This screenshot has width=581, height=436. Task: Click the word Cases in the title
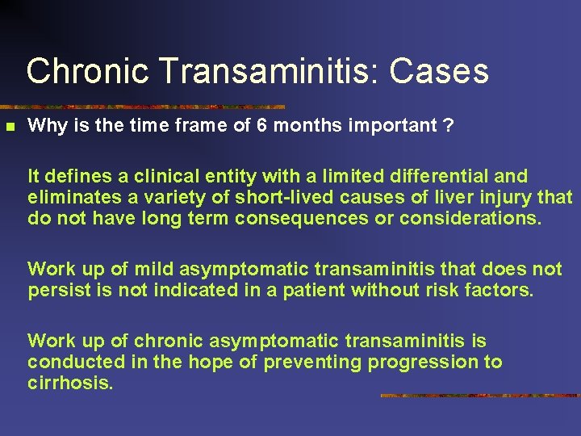(x=439, y=71)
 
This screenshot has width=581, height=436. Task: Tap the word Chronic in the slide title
(x=87, y=71)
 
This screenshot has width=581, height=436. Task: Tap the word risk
(x=458, y=290)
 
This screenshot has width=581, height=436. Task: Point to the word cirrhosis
(x=70, y=384)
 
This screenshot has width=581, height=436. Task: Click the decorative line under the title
(x=145, y=107)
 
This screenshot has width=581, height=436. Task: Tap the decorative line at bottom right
(x=480, y=396)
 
